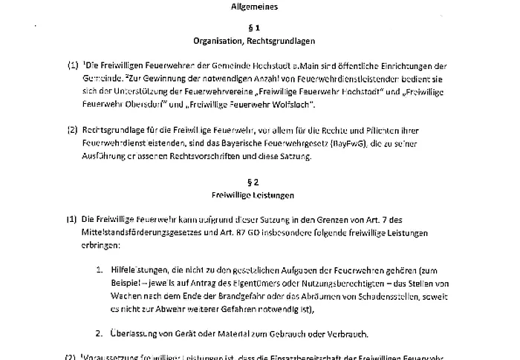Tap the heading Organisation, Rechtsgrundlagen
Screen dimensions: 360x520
(x=259, y=42)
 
